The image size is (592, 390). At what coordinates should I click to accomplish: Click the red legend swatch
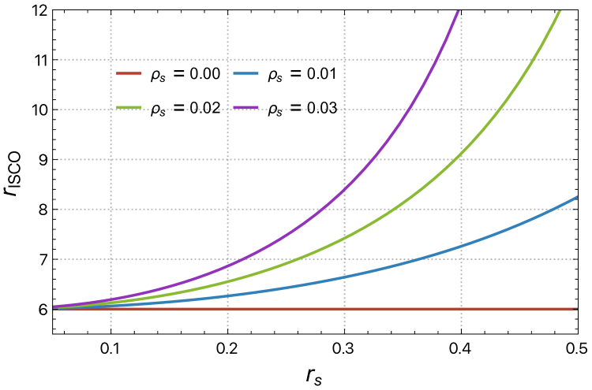129,73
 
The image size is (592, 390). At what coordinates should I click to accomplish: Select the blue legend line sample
245,73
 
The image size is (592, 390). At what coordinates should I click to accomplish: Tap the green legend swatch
129,107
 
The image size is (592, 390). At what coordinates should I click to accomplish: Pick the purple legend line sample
245,107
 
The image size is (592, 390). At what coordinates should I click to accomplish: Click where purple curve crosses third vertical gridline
344,189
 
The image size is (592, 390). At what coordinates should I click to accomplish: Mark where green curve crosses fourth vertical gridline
461,158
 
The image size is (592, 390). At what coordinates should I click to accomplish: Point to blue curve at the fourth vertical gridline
461,247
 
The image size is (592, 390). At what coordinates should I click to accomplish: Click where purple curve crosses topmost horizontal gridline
439,59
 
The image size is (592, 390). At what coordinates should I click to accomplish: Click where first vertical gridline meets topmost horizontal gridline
111,59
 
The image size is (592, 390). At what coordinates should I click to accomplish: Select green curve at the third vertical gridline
344,237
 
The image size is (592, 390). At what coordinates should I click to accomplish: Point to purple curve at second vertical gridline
227,265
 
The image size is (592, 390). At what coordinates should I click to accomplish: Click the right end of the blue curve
577,196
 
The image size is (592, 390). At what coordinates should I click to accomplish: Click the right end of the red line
577,309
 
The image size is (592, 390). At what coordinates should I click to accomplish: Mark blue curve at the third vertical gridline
344,277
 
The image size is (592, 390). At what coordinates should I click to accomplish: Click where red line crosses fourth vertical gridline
461,309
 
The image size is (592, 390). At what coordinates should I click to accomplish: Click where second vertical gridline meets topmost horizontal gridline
227,59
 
